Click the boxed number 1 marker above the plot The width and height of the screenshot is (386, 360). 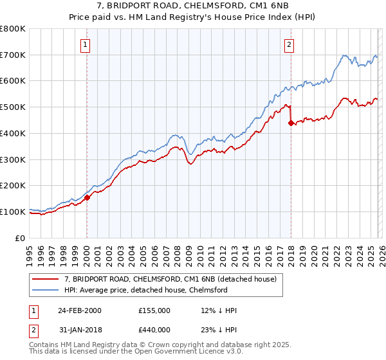coord(86,44)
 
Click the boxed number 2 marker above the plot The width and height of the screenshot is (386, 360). coord(290,44)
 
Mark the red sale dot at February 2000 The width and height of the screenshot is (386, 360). coord(87,197)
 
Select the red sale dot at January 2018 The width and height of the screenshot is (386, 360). coord(291,123)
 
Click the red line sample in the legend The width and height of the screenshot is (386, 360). coord(46,279)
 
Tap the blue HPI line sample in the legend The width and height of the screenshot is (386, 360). coord(46,290)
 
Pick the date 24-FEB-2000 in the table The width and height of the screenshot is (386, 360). coord(79,310)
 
